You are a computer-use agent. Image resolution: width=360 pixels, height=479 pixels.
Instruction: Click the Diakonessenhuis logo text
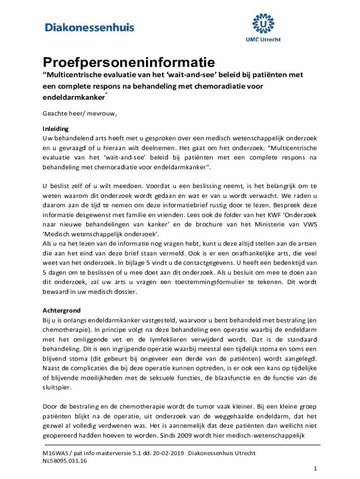pyautogui.click(x=89, y=28)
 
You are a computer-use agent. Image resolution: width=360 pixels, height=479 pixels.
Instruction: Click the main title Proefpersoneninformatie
pyautogui.click(x=129, y=62)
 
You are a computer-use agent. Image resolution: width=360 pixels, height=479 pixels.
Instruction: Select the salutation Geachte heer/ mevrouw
pyautogui.click(x=79, y=114)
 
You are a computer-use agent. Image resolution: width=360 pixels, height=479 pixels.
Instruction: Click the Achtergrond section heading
pyautogui.click(x=62, y=310)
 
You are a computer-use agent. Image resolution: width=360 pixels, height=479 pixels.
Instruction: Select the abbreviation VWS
pyautogui.click(x=309, y=225)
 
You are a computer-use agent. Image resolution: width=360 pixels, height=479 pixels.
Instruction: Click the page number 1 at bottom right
pyautogui.click(x=316, y=468)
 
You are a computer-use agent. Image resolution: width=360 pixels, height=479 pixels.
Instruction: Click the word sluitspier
pyautogui.click(x=55, y=388)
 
